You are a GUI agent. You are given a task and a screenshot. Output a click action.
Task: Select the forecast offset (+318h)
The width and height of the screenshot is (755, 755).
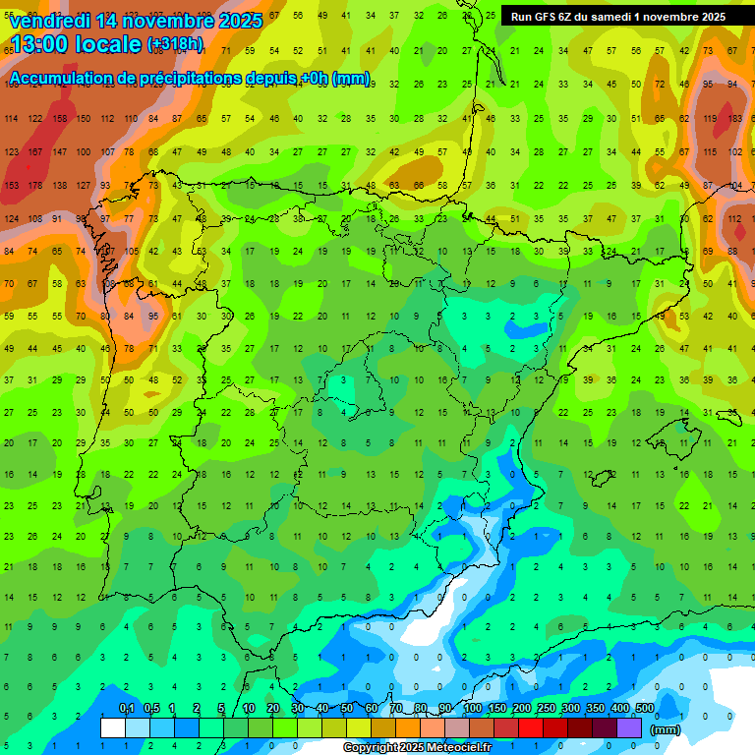(175, 44)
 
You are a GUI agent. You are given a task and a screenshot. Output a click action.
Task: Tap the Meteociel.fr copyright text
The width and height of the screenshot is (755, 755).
(417, 747)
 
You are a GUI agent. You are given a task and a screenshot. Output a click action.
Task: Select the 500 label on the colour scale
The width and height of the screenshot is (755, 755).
(644, 709)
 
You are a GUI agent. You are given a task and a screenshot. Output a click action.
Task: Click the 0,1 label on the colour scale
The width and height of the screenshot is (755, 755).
(127, 709)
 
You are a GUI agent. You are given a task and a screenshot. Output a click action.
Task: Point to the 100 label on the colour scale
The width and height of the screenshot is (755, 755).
(472, 709)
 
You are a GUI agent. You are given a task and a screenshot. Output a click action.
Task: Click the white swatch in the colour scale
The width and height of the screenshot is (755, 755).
(113, 727)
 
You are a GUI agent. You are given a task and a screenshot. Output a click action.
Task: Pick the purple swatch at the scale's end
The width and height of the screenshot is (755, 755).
(629, 727)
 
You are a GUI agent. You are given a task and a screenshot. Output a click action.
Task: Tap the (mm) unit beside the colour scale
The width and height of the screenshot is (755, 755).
(666, 729)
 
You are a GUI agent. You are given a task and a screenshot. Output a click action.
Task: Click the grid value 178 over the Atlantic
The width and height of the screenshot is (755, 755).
(35, 185)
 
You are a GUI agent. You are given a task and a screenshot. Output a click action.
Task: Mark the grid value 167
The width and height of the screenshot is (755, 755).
(35, 152)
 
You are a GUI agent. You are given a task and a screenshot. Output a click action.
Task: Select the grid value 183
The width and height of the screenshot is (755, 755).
(734, 119)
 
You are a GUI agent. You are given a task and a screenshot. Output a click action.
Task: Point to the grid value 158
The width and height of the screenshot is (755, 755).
(60, 119)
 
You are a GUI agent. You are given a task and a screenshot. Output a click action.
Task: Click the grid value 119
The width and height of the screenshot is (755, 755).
(709, 119)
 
